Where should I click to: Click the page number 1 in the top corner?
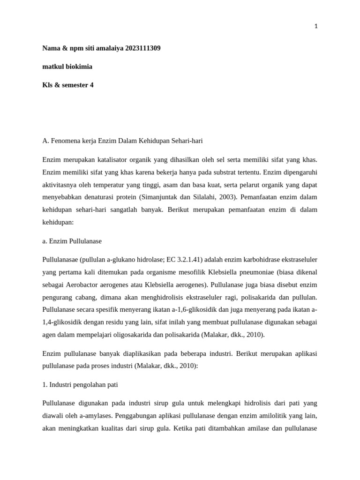(x=316, y=27)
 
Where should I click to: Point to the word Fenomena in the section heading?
(x=64, y=141)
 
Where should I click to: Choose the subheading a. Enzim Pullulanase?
(x=72, y=241)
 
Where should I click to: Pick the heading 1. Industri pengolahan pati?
(x=80, y=384)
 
